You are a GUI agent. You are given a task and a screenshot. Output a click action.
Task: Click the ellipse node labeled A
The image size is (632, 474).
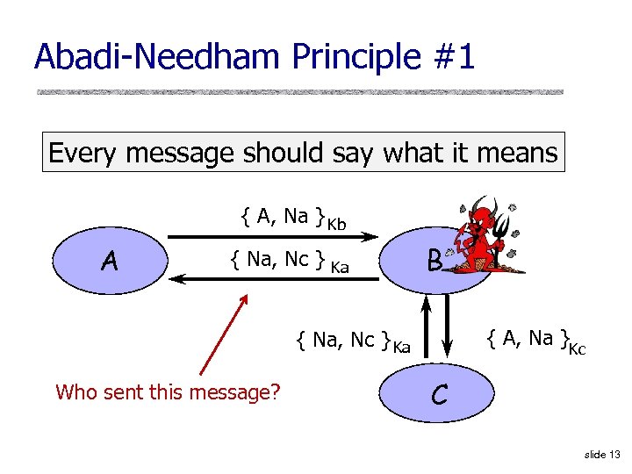109,260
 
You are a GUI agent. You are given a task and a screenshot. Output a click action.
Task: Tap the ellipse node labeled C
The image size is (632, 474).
439,395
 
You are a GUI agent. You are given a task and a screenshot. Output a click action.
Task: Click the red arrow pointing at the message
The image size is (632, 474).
224,334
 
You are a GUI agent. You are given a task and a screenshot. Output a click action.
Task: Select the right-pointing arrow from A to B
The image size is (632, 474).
272,235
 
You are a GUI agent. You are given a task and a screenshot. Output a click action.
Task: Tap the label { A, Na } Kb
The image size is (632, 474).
293,217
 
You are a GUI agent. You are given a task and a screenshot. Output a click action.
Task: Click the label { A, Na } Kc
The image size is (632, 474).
536,340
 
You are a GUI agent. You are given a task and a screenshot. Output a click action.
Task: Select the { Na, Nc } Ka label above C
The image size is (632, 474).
354,341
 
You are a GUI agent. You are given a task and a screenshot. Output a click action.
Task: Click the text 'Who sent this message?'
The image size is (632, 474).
168,391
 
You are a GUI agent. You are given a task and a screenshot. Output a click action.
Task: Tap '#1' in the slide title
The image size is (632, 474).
453,57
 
